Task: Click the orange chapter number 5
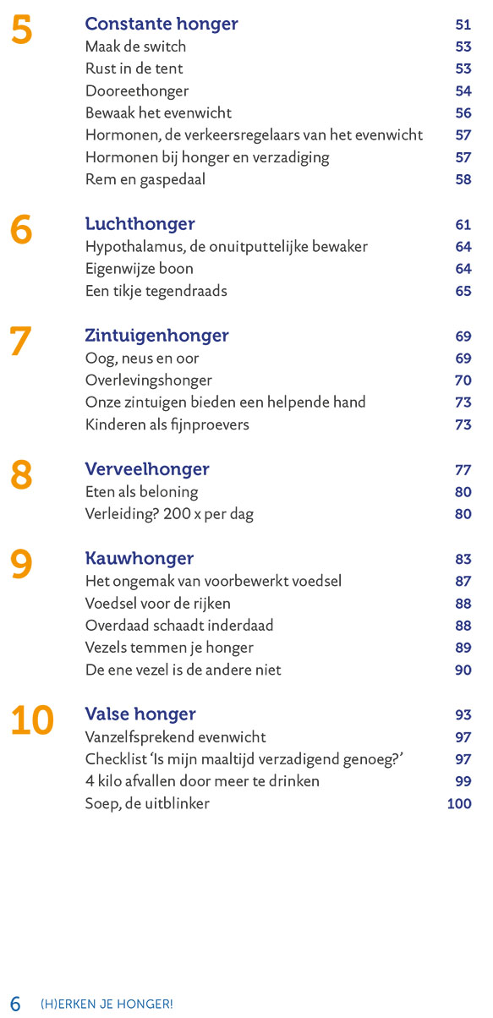point(22,30)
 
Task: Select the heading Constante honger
point(162,25)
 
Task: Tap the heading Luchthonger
point(140,224)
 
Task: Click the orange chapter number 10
point(32,720)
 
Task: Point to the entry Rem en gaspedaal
point(145,179)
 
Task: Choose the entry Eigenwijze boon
point(140,269)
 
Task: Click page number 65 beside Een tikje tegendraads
point(463,291)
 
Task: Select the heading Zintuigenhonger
point(156,336)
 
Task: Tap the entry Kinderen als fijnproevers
point(167,424)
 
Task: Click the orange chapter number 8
point(21,474)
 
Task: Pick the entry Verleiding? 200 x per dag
point(169,514)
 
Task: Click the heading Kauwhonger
point(140,559)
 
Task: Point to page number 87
point(463,581)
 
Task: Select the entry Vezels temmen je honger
point(169,648)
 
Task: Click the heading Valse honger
point(140,714)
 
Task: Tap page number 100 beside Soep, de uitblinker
point(459,803)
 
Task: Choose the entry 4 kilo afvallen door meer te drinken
point(202,781)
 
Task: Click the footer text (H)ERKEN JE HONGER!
point(107,1004)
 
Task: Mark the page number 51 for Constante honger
point(463,25)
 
